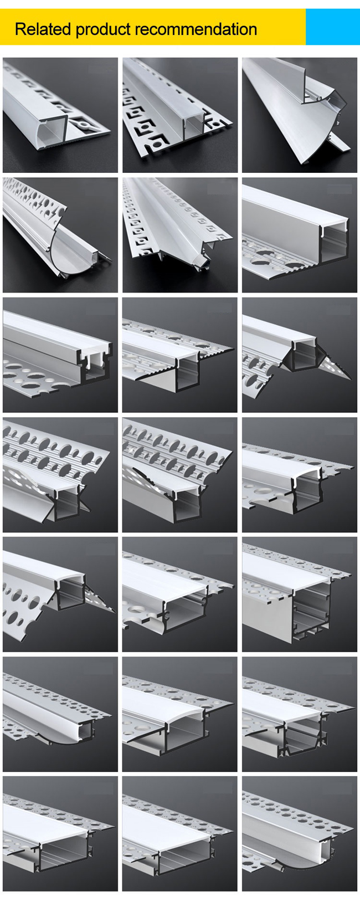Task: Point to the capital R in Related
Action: coord(20,29)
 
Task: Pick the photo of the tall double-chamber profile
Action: coord(300,594)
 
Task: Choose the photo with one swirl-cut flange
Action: coord(60,115)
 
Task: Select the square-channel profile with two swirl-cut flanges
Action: coord(180,115)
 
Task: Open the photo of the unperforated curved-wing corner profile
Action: coord(300,115)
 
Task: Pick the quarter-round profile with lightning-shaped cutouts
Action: coord(60,235)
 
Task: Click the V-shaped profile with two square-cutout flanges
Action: coord(180,235)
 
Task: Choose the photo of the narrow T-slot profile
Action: coord(60,355)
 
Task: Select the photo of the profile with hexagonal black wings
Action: coord(300,355)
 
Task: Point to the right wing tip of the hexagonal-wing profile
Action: coord(351,378)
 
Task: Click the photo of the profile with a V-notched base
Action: coord(300,714)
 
